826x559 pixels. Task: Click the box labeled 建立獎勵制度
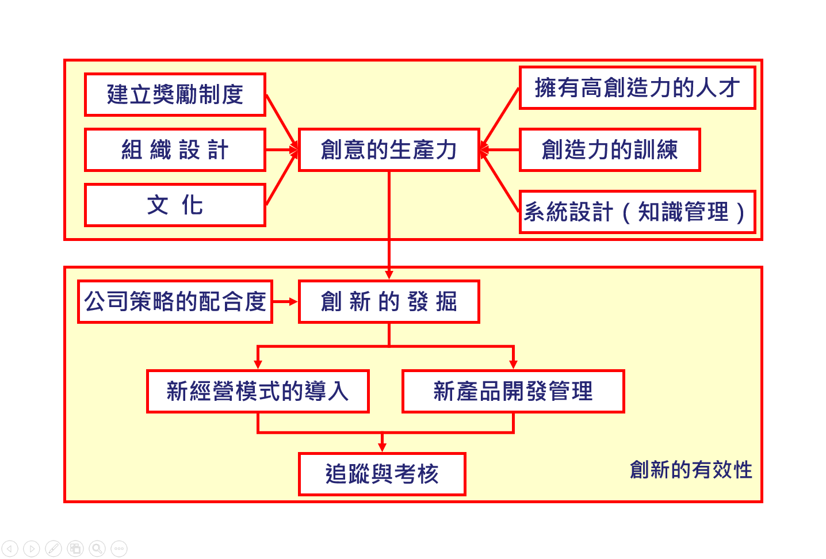(x=175, y=94)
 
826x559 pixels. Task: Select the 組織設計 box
(x=175, y=150)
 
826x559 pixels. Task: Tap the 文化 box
(x=175, y=205)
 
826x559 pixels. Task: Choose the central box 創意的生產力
(x=389, y=150)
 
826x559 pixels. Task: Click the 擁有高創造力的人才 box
(x=637, y=88)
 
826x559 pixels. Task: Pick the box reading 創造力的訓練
(x=610, y=150)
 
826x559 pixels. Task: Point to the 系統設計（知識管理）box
(x=637, y=212)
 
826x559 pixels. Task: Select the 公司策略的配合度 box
(x=175, y=301)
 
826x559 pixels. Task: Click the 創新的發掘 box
(x=389, y=301)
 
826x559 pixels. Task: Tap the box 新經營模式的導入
(x=258, y=391)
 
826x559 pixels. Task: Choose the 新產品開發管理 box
(x=513, y=391)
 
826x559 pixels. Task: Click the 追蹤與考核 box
(x=382, y=474)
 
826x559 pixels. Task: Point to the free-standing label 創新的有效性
(x=691, y=470)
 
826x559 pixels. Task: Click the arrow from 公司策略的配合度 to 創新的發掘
(x=285, y=301)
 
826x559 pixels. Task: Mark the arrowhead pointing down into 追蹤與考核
(x=382, y=447)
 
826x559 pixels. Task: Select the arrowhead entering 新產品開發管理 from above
(x=513, y=364)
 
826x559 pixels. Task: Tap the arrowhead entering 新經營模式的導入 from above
(x=258, y=364)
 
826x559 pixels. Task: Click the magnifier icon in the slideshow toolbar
(x=97, y=549)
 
